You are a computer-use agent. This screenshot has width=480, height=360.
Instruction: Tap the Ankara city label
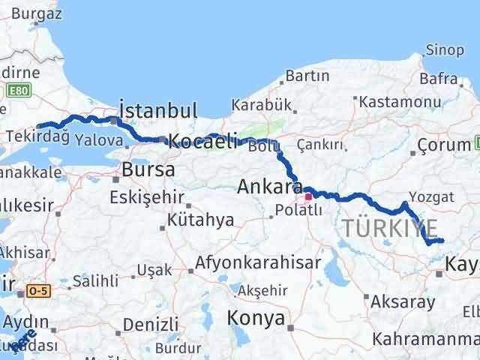[269, 187]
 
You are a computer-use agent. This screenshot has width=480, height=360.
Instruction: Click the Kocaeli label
[202, 140]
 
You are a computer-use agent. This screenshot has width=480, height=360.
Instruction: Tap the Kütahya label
[200, 220]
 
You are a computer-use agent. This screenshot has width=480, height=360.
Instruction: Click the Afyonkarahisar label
[259, 263]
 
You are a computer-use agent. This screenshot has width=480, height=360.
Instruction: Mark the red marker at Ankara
[307, 198]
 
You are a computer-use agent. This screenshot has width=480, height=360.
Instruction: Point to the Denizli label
[149, 325]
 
